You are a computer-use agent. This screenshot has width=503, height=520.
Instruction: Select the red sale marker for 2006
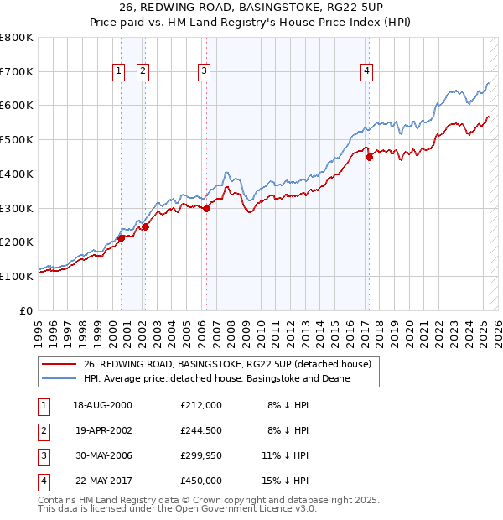206,208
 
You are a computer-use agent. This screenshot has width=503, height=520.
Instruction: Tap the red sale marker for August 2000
121,238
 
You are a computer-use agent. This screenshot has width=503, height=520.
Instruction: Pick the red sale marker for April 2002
145,226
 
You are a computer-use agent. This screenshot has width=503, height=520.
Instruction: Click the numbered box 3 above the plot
204,72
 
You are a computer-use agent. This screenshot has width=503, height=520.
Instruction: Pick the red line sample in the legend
60,365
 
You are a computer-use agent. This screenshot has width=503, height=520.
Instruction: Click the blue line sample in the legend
60,378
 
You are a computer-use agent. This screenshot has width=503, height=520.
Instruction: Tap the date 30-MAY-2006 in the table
103,455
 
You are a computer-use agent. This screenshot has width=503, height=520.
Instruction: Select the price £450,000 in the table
201,481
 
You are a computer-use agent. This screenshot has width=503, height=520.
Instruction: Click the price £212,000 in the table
201,405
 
